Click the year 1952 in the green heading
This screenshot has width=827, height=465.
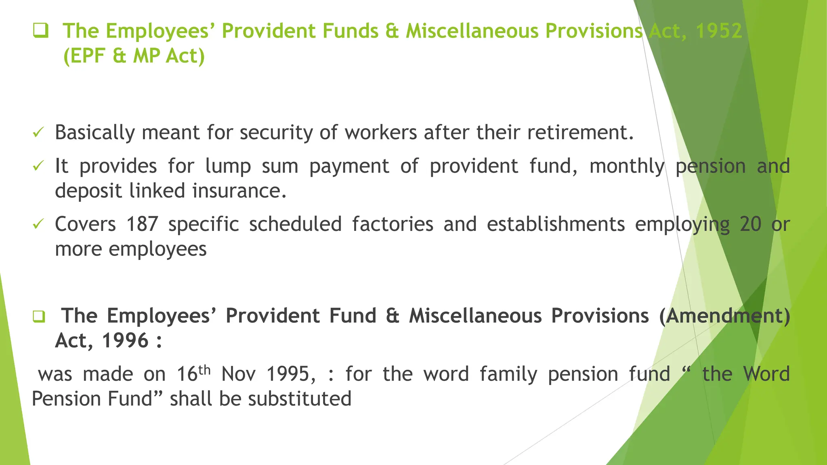point(719,31)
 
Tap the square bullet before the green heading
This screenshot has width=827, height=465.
point(40,31)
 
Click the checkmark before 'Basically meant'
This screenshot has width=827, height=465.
point(38,132)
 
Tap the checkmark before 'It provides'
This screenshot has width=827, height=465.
point(38,166)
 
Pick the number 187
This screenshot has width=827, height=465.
point(142,224)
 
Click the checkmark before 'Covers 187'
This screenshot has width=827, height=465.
point(38,224)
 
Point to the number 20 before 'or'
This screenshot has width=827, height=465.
point(750,224)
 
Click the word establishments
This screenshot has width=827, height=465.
point(556,224)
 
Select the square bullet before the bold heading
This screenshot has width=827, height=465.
point(39,316)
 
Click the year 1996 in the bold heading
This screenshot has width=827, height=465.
point(126,341)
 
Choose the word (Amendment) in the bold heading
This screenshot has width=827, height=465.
point(724,316)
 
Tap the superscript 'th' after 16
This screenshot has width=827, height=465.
point(205,369)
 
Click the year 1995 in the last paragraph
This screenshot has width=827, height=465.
point(290,374)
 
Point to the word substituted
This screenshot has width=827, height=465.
point(300,399)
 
